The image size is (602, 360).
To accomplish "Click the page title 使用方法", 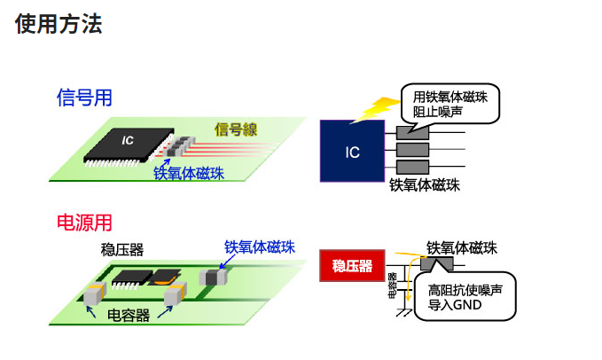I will [x=59, y=24].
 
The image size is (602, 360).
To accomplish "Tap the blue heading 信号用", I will [x=84, y=98].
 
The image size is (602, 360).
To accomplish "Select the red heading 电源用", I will [x=84, y=222].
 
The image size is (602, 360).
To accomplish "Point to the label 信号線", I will [x=235, y=130].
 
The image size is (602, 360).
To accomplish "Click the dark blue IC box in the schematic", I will [x=352, y=151].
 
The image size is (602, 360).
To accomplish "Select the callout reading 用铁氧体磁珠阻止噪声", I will [x=450, y=104].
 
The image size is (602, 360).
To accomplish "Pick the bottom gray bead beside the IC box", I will [x=411, y=168].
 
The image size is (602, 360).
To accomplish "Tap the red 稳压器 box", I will [x=351, y=265].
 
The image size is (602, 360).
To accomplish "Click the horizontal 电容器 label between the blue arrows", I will [x=129, y=316].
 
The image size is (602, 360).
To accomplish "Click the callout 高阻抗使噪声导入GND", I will [x=465, y=296].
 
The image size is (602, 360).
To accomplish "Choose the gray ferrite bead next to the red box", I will [x=436, y=264].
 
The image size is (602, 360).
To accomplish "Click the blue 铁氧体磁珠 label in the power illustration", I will [x=259, y=247].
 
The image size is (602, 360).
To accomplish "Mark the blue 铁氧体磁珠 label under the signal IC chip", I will [x=189, y=174].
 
